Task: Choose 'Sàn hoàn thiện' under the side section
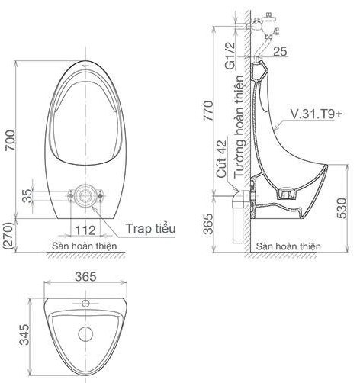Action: tap(288, 247)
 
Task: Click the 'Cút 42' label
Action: tap(221, 158)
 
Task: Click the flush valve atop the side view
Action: tap(266, 22)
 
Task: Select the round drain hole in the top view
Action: tap(85, 334)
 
